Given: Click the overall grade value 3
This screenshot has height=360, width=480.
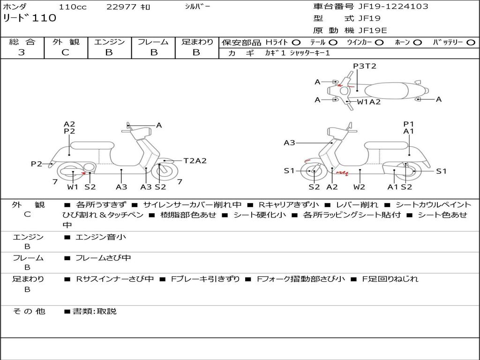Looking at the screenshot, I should [22, 52].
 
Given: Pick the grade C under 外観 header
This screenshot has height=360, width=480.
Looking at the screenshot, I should [66, 52].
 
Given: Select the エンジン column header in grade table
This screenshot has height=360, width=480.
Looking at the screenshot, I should [109, 42].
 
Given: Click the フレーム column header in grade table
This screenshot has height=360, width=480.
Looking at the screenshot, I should [153, 42].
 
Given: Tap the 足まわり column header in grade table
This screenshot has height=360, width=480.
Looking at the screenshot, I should [197, 42].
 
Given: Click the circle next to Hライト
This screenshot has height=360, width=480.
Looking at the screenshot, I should [296, 42].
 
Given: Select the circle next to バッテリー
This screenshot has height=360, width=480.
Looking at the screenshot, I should [471, 42].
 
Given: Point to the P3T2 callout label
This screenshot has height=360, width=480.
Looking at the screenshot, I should [365, 66].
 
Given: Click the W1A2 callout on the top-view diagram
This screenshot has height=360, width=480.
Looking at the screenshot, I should [369, 102].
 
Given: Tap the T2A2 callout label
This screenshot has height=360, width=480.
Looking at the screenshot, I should [195, 161].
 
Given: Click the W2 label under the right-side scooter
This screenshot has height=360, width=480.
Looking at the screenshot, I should [359, 187].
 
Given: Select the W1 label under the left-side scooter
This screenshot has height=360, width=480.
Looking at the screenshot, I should [73, 187].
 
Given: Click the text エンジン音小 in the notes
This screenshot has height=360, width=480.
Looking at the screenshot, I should [100, 237].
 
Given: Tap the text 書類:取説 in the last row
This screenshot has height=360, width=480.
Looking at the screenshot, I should [94, 311].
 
